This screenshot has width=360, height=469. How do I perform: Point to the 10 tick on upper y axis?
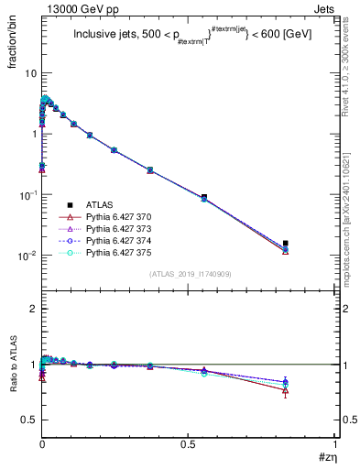(x=30, y=72)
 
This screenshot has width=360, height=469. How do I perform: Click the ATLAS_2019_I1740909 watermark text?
(x=190, y=274)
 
